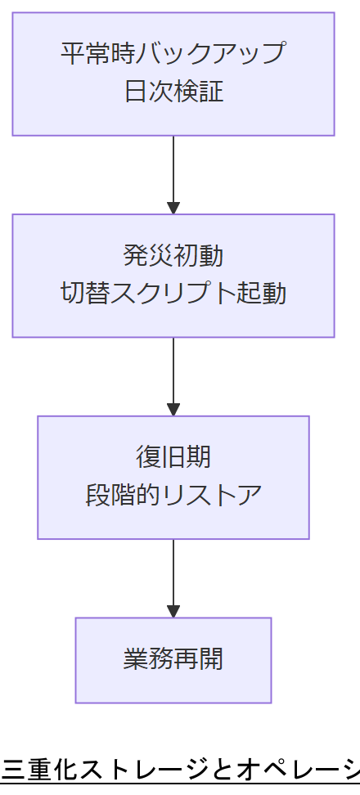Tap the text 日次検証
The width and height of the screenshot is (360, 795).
(x=173, y=92)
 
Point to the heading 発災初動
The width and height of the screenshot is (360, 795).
(x=173, y=254)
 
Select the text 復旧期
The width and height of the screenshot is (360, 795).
(x=173, y=456)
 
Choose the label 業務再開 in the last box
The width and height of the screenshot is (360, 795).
(x=173, y=659)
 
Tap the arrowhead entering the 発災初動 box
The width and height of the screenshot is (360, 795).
(x=173, y=208)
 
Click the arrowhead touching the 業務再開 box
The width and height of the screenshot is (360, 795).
(x=173, y=611)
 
